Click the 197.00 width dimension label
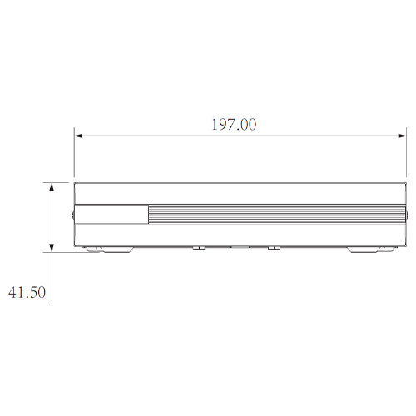tap(234, 125)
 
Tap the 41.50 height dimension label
tap(27, 292)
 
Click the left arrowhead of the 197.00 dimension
tap(78, 136)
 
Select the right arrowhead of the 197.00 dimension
tap(402, 136)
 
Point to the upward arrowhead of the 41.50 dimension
tap(52, 187)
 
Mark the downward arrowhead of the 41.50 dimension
tap(52, 248)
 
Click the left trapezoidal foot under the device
tap(116, 250)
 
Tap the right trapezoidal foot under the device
tap(364, 250)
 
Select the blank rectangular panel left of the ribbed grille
tap(111, 214)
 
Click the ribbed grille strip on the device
tap(277, 214)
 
